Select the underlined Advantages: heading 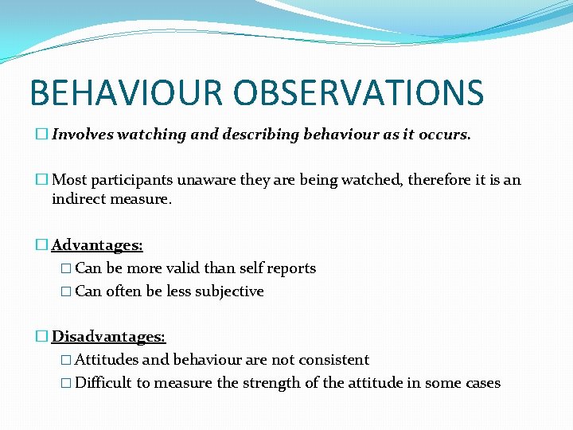97,246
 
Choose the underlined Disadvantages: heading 108,338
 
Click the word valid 184,268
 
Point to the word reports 292,268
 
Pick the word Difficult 103,383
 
